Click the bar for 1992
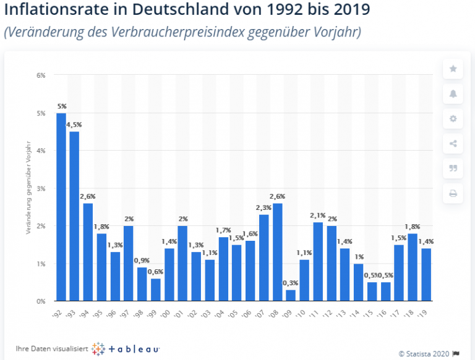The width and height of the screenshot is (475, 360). click(61, 207)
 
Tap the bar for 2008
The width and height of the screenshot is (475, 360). click(277, 252)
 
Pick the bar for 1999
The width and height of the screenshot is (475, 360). click(156, 290)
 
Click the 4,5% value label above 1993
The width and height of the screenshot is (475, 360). click(75, 125)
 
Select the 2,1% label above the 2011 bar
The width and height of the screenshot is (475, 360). click(318, 216)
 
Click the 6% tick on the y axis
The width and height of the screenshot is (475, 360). click(41, 75)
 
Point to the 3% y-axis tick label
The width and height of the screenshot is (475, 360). click(41, 188)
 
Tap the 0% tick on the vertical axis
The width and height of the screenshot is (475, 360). click(41, 301)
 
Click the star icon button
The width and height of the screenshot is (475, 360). click(453, 69)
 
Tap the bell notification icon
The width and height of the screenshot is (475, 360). click(453, 94)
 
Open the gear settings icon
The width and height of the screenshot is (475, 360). click(453, 119)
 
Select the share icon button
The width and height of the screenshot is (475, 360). click(453, 144)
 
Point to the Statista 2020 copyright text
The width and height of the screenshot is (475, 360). click(424, 354)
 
